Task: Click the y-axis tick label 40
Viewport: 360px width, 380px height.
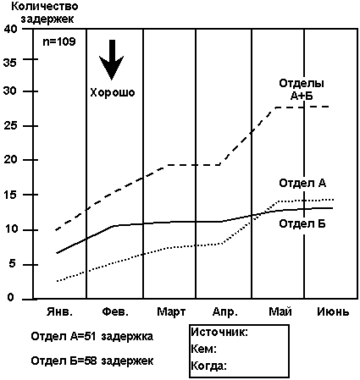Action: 10,29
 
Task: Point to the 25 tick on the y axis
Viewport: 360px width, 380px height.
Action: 10,126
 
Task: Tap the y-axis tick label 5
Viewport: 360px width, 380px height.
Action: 11,265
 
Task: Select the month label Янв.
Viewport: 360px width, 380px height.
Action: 59,312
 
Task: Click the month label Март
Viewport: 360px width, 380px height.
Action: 171,312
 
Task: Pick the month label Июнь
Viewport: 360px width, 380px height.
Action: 333,312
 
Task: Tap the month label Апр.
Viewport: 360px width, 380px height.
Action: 225,312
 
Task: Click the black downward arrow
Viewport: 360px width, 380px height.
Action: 112,60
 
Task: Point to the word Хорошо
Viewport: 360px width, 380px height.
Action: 113,92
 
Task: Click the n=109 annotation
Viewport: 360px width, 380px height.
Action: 59,42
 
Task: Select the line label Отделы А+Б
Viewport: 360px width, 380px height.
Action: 302,90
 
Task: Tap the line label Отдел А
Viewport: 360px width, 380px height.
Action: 302,184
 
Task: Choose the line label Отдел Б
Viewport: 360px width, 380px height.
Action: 302,224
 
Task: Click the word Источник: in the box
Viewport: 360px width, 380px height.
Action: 219,333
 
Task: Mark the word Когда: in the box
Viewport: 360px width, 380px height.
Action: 209,366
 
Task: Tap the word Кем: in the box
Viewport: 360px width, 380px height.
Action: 204,350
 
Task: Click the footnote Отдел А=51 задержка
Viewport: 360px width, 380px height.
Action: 92,337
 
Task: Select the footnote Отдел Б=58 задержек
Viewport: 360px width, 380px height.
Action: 92,361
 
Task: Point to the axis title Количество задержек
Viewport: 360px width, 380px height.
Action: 45,13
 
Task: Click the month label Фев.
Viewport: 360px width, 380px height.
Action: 115,312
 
